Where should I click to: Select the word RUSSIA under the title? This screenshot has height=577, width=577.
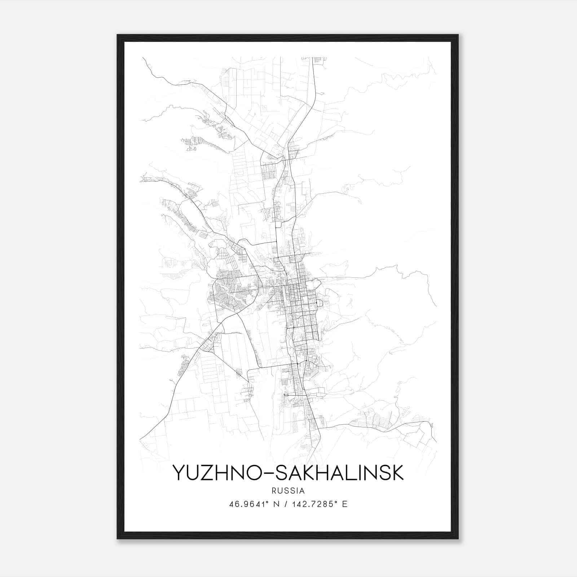pos(288,491)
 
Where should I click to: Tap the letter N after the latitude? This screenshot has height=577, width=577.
pos(277,504)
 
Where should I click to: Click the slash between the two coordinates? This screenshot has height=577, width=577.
pos(286,504)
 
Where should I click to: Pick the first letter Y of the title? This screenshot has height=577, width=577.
pos(179,472)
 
